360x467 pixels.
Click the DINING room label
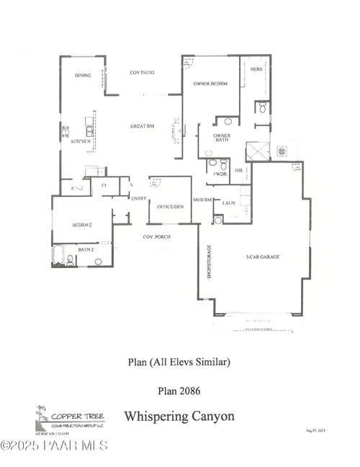tap(83, 76)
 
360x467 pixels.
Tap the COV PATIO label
tap(142, 73)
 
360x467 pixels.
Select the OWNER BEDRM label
tap(210, 84)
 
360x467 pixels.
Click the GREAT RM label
tap(142, 126)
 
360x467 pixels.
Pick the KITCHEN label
tap(80, 141)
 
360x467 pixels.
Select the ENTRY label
tap(139, 198)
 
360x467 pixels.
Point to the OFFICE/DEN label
tap(170, 208)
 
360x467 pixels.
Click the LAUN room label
tap(229, 203)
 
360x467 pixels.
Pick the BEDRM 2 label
tap(82, 226)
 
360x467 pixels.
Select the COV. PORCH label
tap(156, 236)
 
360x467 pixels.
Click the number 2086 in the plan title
tap(190, 391)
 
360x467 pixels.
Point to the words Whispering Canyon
tap(179, 416)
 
